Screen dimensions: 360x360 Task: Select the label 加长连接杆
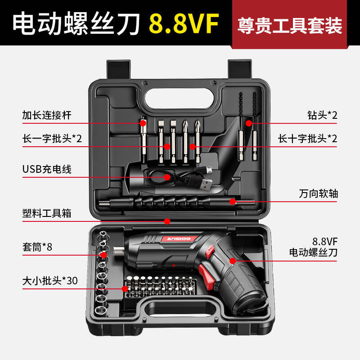coord(47,115)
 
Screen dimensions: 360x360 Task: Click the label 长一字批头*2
coord(52,138)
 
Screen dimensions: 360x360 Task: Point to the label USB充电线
coord(47,169)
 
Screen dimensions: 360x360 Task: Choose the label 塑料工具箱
coord(47,213)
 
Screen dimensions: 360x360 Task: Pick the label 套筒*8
coord(37,247)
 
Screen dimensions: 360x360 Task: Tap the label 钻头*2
coord(320,115)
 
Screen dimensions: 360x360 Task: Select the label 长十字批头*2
coord(307,138)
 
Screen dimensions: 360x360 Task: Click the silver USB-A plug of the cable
coord(206,183)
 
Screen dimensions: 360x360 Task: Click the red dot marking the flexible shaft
coord(233,202)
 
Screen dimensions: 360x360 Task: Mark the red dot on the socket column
coord(103,255)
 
